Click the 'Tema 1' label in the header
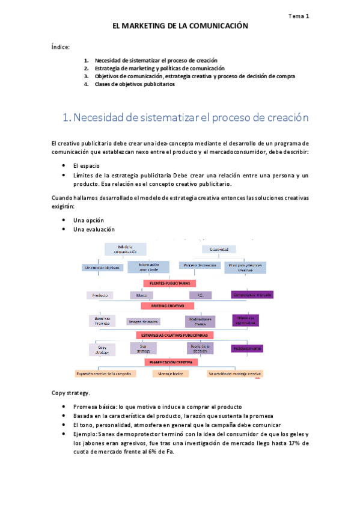click(x=299, y=17)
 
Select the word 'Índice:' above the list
click(x=61, y=46)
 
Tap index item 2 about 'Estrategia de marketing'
click(x=155, y=69)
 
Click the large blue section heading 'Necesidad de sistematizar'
click(x=186, y=118)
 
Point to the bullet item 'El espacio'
click(x=87, y=165)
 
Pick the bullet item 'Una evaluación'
click(x=94, y=229)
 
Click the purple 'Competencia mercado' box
click(x=252, y=295)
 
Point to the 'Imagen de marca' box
click(x=143, y=322)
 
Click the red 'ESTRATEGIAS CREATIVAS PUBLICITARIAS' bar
click(x=174, y=335)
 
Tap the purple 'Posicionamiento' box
click(x=247, y=348)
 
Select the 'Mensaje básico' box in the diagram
click(x=171, y=373)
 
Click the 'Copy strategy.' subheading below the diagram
click(x=72, y=393)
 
